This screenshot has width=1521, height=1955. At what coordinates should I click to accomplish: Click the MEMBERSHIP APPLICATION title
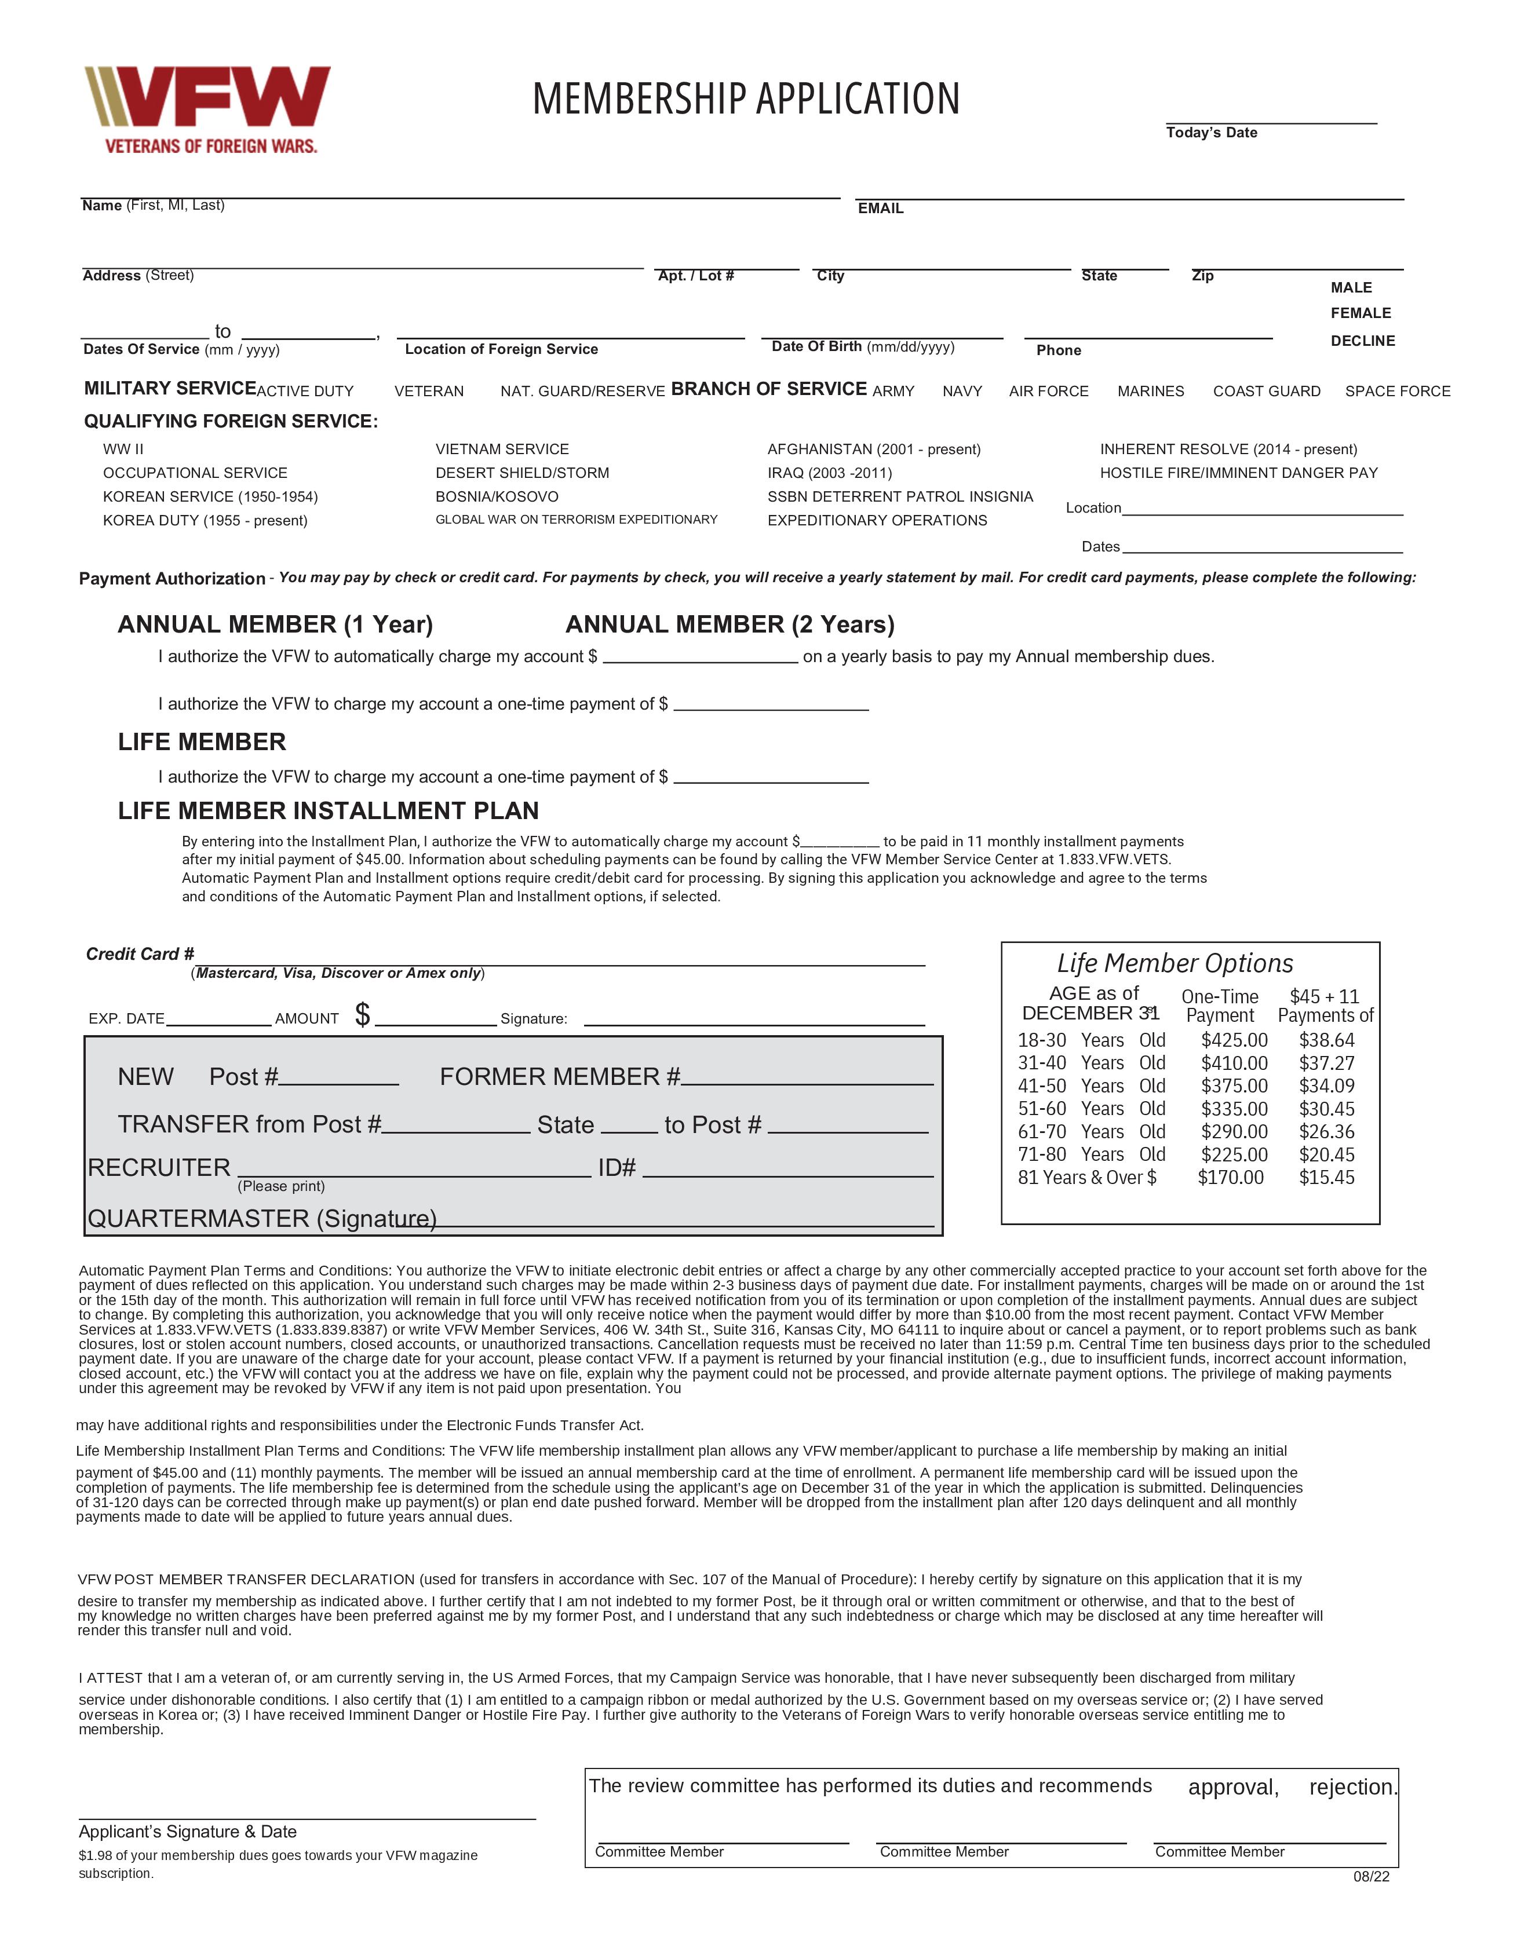click(746, 100)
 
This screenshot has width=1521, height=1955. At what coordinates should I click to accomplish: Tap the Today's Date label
click(1211, 133)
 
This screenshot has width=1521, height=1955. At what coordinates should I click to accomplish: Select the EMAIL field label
click(880, 209)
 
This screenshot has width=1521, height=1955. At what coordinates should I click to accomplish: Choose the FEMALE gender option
click(1360, 313)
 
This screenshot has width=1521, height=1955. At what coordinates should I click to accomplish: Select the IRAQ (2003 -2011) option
click(829, 473)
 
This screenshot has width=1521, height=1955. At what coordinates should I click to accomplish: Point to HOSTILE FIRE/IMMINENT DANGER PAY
click(1238, 473)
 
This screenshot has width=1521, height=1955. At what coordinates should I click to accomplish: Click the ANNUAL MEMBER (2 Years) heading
click(730, 625)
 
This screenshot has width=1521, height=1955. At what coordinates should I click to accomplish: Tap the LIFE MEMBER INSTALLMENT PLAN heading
click(329, 811)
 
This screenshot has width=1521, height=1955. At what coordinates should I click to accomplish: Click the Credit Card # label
click(140, 954)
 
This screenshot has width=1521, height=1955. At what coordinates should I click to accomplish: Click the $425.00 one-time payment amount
click(1234, 1040)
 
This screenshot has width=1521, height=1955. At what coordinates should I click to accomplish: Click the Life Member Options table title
click(1175, 964)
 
